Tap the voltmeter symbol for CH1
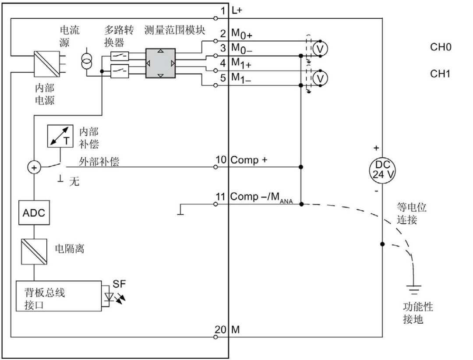coord(321,78)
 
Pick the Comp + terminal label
coord(249,160)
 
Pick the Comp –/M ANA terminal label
coord(261,198)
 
